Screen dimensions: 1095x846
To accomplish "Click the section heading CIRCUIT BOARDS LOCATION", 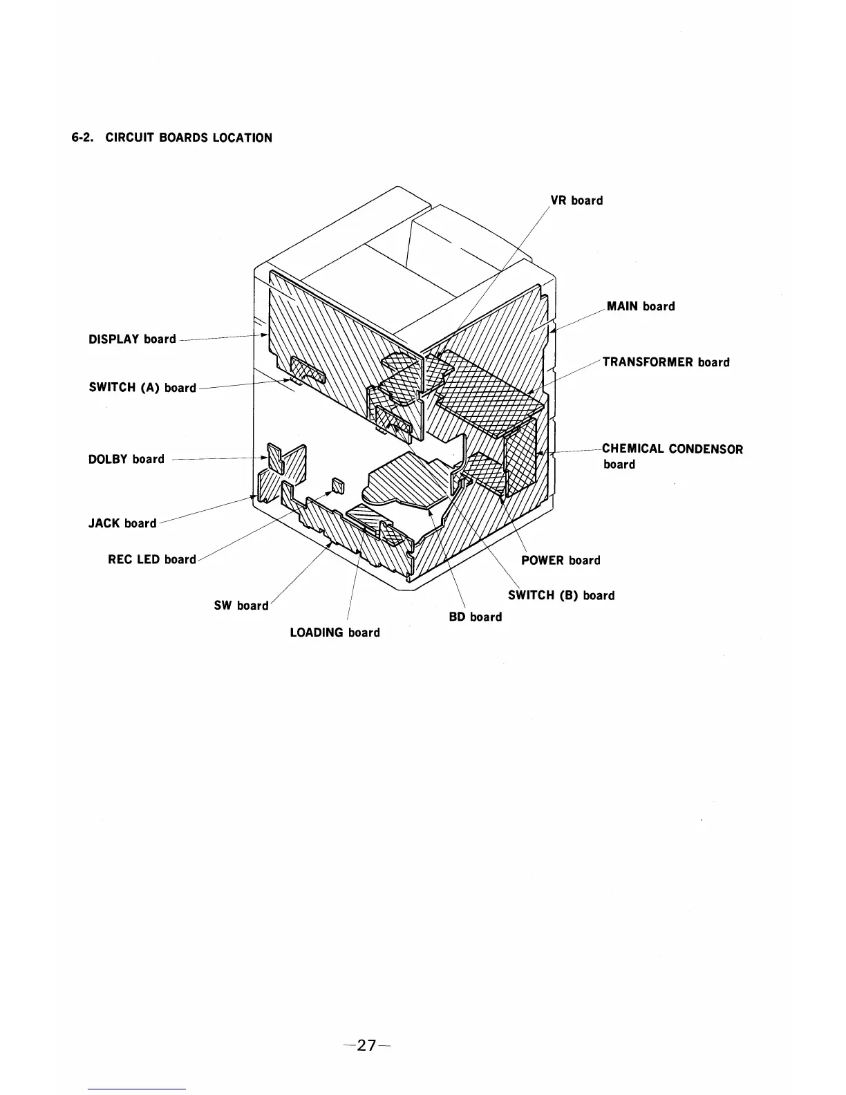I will (x=189, y=138).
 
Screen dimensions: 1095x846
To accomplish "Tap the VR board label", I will (x=576, y=200).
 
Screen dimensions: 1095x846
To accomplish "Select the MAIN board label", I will (x=641, y=306).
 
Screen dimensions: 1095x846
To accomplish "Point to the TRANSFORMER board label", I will (x=666, y=362).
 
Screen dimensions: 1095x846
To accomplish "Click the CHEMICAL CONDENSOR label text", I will (x=673, y=449).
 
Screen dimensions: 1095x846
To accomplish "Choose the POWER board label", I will (x=561, y=560).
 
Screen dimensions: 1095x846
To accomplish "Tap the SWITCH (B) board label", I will (x=561, y=595).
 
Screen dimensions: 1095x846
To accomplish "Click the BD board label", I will (x=476, y=617).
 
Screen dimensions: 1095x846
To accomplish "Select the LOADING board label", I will (x=335, y=633).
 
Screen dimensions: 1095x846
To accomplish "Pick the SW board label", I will (x=241, y=606).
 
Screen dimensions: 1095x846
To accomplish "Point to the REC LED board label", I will (x=152, y=559).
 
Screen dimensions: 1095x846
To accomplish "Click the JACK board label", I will (x=122, y=523).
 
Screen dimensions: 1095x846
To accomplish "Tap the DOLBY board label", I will (x=126, y=459).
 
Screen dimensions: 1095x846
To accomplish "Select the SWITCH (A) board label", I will (x=142, y=388).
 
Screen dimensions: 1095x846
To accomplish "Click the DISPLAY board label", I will (x=133, y=339).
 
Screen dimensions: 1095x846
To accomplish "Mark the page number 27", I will (x=367, y=1045).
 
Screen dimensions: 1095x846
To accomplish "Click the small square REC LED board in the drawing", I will (x=337, y=485).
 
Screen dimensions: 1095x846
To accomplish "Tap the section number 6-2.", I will (x=85, y=138).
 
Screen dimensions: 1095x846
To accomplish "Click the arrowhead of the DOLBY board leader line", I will (x=266, y=458).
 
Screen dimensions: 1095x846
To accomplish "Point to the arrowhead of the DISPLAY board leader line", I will (x=265, y=335).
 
